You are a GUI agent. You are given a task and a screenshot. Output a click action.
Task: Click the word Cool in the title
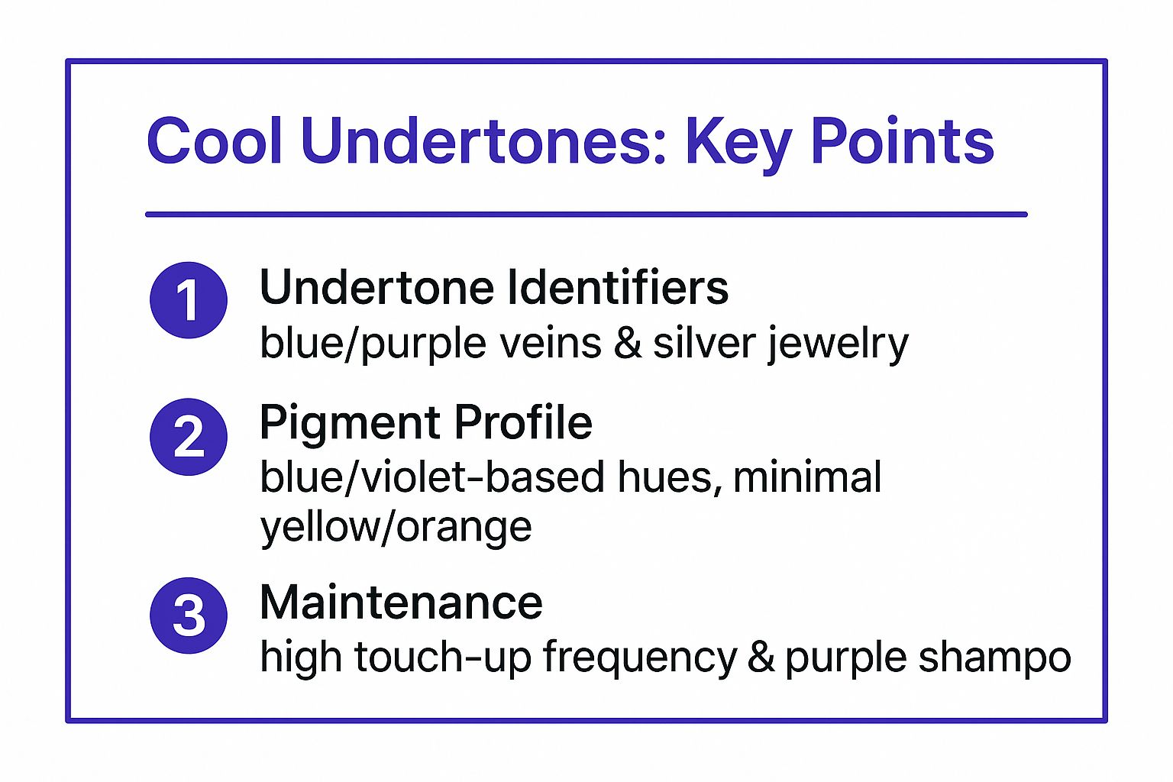pos(215,141)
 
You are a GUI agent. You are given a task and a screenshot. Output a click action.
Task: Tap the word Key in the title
pos(739,145)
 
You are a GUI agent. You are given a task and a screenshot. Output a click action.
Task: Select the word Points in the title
pos(902,141)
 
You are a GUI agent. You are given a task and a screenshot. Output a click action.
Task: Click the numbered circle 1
pos(189,300)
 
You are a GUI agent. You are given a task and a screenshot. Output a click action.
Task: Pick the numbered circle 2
pos(189,437)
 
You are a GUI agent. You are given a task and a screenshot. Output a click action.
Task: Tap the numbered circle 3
pos(189,616)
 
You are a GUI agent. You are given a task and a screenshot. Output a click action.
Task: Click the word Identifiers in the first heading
pos(618,287)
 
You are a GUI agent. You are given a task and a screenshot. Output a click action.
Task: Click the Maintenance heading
pos(401,603)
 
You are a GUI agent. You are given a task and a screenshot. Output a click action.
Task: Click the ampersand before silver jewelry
pos(628,343)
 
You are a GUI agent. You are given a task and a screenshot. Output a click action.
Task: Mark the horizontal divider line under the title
pos(586,215)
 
